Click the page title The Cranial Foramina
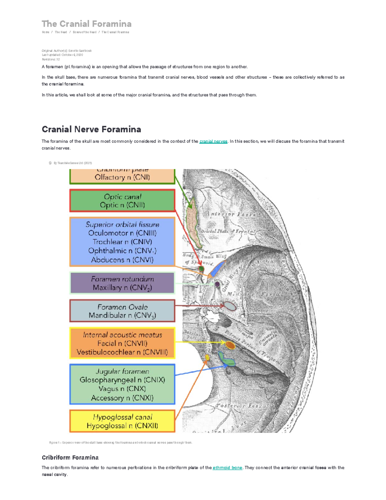tap(87, 24)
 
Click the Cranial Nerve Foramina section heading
tap(91, 129)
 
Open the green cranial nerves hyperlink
tap(213, 141)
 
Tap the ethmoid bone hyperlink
tap(227, 468)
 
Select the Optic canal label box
tap(122, 201)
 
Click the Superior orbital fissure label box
tap(122, 242)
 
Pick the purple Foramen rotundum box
tap(122, 283)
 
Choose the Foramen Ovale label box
tap(122, 311)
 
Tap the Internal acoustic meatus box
tap(122, 344)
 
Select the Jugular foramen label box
tap(122, 384)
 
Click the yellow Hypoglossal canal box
tap(122, 421)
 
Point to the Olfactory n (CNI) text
tap(122, 177)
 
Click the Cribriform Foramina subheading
tap(70, 458)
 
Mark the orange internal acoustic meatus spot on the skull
tap(230, 345)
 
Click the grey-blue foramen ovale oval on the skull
tap(230, 306)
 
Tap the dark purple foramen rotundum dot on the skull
tap(217, 284)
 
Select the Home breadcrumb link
tap(45, 32)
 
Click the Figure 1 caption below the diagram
tap(121, 443)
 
